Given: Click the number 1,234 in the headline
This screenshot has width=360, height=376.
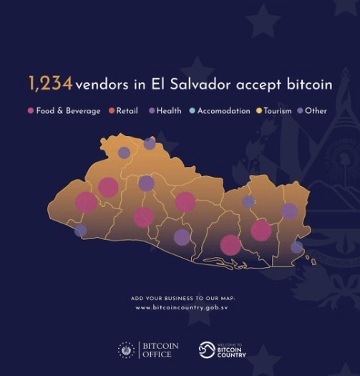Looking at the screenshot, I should (x=50, y=84).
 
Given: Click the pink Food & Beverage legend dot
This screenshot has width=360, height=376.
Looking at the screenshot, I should (x=30, y=111).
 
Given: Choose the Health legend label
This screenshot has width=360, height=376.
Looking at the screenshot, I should (x=169, y=111).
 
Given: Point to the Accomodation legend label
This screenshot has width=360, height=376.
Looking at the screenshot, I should (x=223, y=111).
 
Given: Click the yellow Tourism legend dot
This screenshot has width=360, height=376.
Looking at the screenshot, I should (x=259, y=111).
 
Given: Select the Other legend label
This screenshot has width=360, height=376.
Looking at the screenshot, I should (x=316, y=111).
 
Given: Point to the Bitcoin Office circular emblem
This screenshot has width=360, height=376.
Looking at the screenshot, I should (x=126, y=350).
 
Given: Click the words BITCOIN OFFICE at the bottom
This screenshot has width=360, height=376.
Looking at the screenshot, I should (x=160, y=350).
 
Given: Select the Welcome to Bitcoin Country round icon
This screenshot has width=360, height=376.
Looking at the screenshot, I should (x=207, y=350).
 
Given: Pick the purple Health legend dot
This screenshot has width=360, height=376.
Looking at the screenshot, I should (x=152, y=111).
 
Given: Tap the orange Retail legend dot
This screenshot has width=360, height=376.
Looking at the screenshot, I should (x=112, y=111).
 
